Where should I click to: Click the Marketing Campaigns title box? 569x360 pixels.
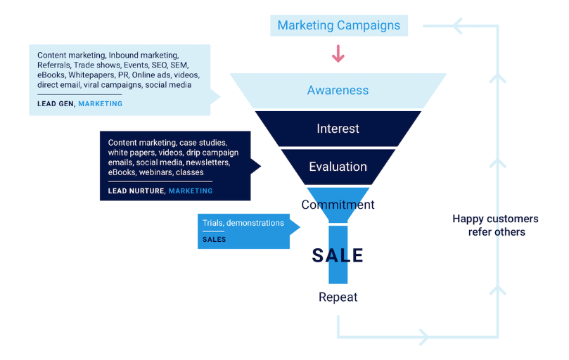coord(339,25)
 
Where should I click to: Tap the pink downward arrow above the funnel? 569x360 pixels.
coord(338,53)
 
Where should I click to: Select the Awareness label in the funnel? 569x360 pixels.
coord(338,90)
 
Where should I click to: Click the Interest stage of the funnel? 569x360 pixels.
coord(338,129)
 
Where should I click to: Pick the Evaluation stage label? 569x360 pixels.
coord(338,167)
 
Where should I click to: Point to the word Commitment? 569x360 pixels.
coord(338,205)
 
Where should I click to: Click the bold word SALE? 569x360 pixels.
coord(338,255)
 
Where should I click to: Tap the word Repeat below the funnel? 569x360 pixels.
coord(338,297)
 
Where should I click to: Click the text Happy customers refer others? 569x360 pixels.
coord(496,225)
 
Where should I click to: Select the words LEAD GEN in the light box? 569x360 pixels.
coord(55,104)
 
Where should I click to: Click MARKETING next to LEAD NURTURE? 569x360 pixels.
coord(191,191)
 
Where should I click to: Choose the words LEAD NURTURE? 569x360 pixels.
coord(136,191)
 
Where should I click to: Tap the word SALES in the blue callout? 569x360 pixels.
coord(214,240)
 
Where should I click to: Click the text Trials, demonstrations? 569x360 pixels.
coord(243,223)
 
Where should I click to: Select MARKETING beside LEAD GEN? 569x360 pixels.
coord(100,104)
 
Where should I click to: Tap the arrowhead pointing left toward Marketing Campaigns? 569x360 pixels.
coord(457,26)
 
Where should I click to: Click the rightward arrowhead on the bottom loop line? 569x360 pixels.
coord(424,337)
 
